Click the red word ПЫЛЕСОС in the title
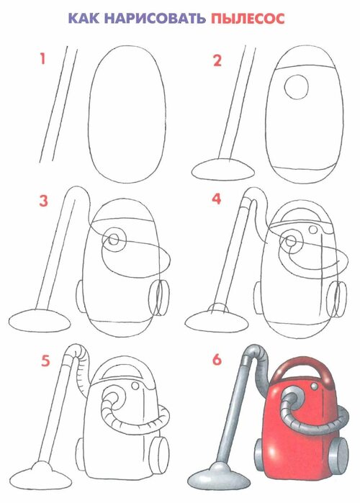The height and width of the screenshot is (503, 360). (248, 19)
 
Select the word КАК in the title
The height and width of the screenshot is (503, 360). (84, 19)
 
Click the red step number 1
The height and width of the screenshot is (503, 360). (42, 59)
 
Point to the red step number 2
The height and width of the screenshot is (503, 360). (217, 60)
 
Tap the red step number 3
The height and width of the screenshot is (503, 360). (43, 201)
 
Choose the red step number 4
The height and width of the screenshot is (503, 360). (217, 199)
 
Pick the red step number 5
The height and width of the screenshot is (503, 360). (45, 361)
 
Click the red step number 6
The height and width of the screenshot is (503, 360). (217, 360)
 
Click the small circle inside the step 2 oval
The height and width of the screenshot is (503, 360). (297, 87)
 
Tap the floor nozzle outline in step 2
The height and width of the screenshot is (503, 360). (223, 170)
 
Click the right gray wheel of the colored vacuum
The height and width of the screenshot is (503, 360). (338, 451)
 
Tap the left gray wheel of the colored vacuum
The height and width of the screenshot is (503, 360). (259, 452)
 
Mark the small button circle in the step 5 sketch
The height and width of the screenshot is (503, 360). (136, 385)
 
